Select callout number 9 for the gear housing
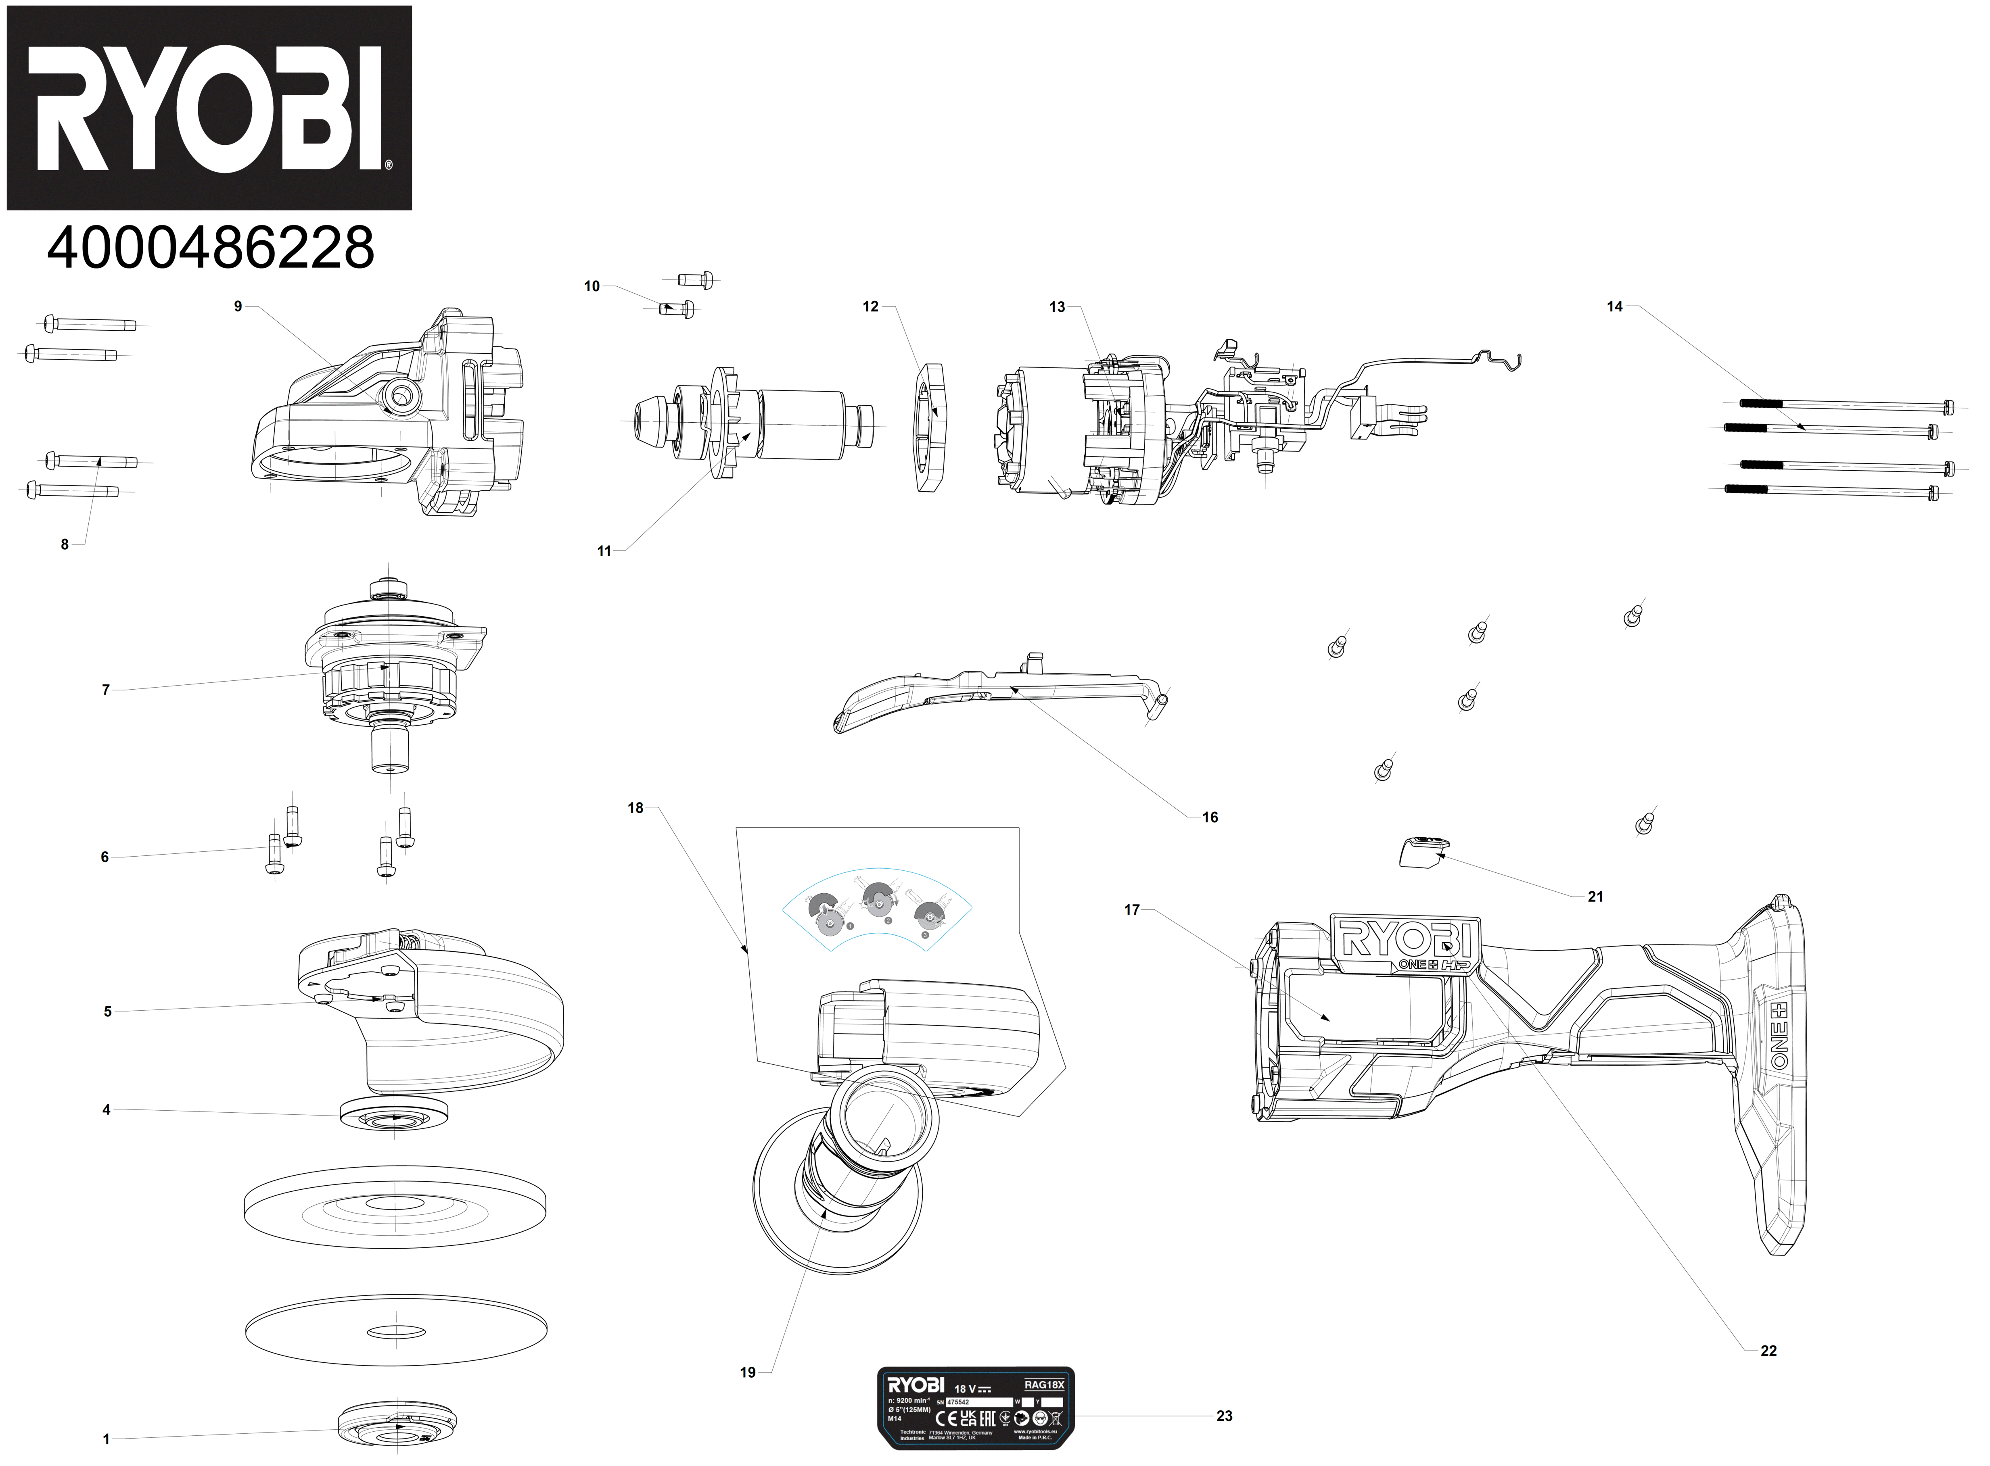click(x=238, y=306)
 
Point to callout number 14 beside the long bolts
click(x=1614, y=306)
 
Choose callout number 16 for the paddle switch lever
click(x=1210, y=817)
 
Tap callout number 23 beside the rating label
click(x=1224, y=1416)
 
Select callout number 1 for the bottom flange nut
click(x=107, y=1439)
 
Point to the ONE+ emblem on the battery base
click(x=1756, y=1036)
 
